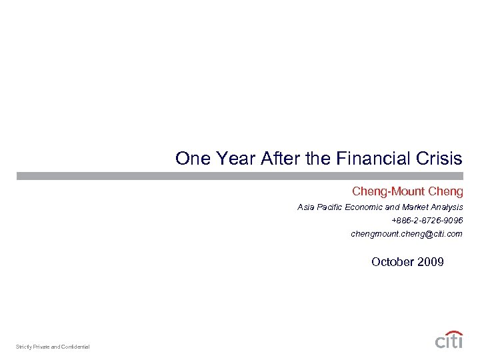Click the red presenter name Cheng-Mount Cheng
pos(407,192)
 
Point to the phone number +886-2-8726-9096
pos(427,221)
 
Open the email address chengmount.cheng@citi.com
pos(406,234)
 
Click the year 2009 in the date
pos(430,262)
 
